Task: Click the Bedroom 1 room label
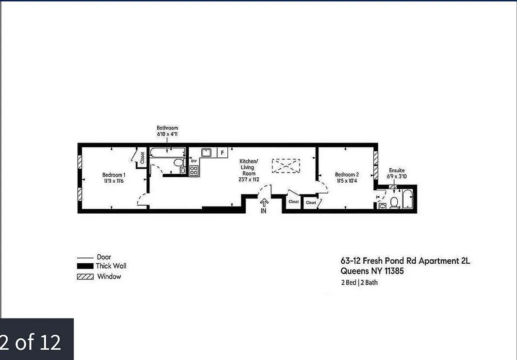point(113,178)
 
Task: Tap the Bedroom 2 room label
point(347,177)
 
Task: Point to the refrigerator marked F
point(222,153)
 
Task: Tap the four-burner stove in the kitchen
point(194,171)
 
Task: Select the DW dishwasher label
point(194,161)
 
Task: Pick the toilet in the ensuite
point(394,202)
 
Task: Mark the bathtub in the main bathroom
point(167,153)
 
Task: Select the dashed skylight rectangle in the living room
point(286,165)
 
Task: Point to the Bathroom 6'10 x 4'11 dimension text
point(167,131)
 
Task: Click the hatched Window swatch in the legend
point(85,277)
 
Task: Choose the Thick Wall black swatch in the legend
point(85,266)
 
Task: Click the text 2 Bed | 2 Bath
point(359,283)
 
